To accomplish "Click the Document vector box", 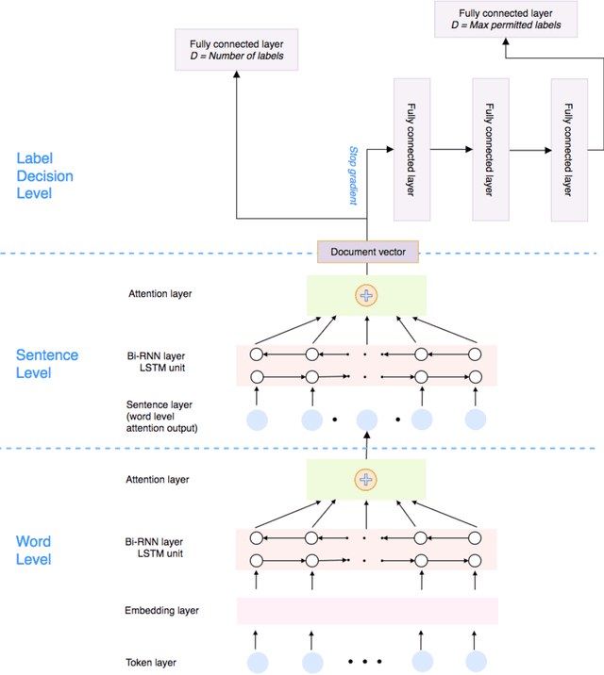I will (x=367, y=253).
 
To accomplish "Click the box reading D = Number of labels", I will (x=235, y=49).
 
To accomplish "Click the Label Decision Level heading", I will (x=44, y=176).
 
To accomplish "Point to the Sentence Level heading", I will (x=47, y=364).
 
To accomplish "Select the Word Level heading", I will (x=34, y=551).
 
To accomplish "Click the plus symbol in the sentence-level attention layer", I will (x=366, y=295).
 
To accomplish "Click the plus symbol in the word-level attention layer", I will (x=366, y=480).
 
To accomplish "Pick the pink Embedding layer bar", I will (x=367, y=611).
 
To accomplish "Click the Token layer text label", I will (x=151, y=662).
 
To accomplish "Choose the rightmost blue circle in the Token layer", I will (x=476, y=662).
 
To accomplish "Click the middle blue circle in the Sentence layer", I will (x=367, y=419).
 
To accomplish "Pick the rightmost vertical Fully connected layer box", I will (x=567, y=149).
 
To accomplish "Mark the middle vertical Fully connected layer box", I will (x=488, y=149).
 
